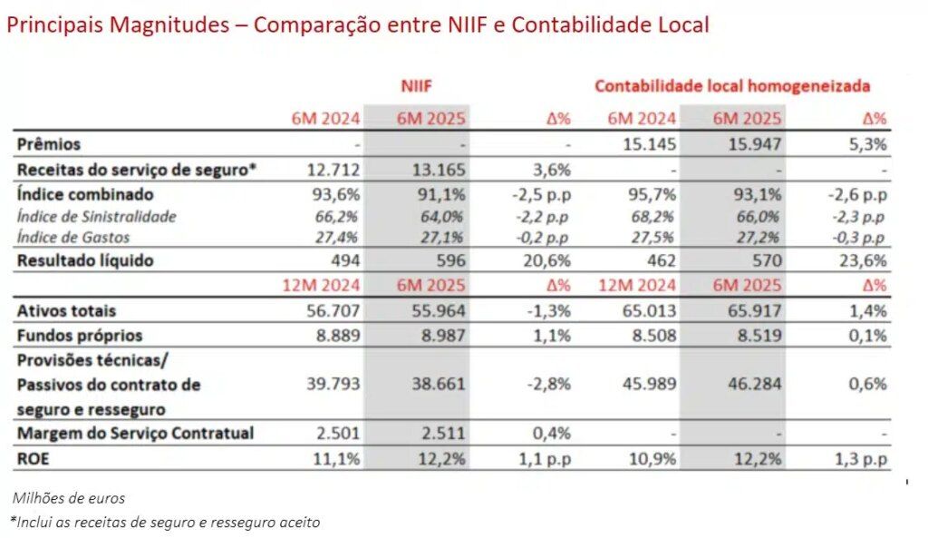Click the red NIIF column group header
pos(417,86)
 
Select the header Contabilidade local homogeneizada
pos(732,86)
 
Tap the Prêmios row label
pos(49,144)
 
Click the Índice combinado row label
pos(85,195)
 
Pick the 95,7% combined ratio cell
pos(652,195)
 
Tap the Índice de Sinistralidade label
pos(97,217)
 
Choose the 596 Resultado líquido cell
pos(451,261)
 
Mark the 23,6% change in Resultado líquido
pos(865,261)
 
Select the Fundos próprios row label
pos(80,336)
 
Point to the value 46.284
pos(754,385)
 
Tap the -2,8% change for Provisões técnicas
pos(549,385)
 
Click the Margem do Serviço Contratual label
pos(136,434)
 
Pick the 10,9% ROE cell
pos(652,459)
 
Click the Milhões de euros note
pos(69,498)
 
